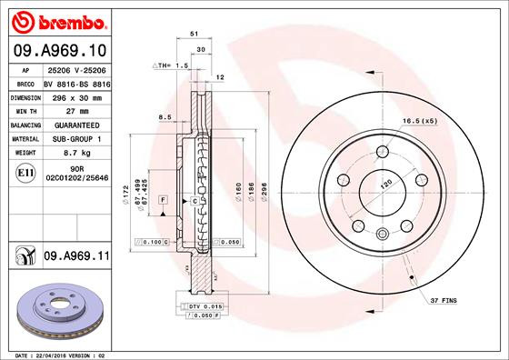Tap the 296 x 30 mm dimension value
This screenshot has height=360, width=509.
(75, 95)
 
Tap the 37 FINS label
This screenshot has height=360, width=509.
(444, 298)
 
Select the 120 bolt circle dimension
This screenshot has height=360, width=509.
(384, 183)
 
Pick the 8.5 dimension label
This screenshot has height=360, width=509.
(165, 117)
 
